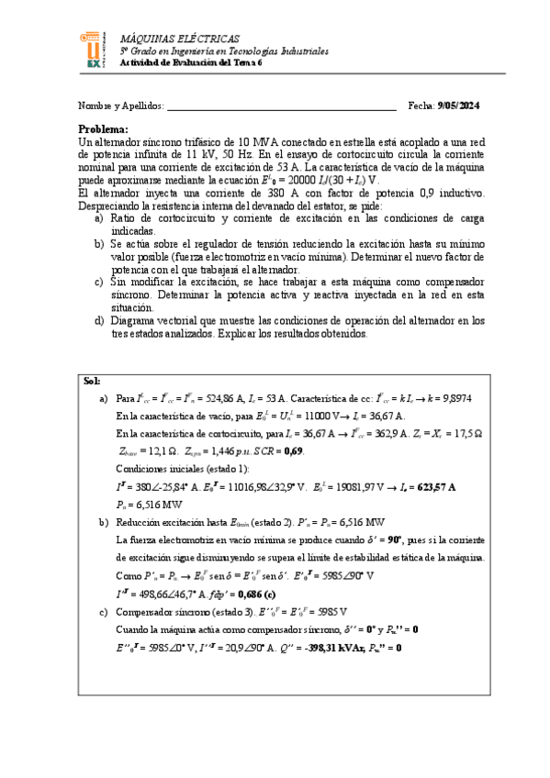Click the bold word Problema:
click(x=103, y=129)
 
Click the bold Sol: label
click(x=92, y=381)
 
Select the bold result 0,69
click(x=293, y=451)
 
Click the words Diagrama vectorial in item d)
click(x=152, y=321)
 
